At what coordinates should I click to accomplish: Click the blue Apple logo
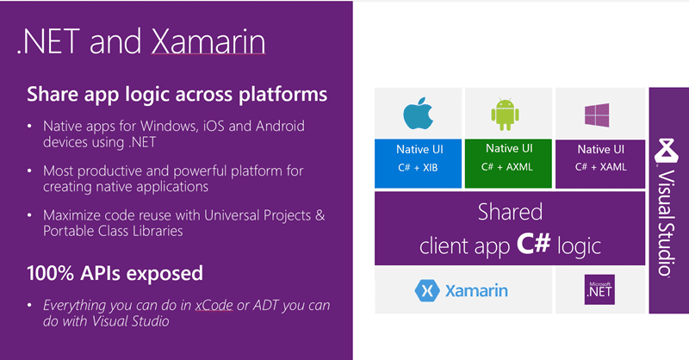pos(418,114)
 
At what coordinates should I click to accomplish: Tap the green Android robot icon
pos(505,115)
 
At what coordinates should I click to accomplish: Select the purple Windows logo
pos(597,115)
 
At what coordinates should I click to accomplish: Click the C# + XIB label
pos(418,167)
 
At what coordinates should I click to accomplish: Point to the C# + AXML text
pos(507,167)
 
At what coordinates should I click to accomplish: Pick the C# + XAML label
pos(600,167)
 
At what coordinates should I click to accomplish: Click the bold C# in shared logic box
pos(533,243)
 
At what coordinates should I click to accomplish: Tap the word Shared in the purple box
pos(510,212)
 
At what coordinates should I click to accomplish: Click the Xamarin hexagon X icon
pos(427,290)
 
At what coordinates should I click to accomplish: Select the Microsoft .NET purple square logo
pos(599,289)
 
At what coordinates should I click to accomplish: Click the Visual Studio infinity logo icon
pos(665,152)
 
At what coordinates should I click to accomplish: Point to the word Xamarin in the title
pos(208,41)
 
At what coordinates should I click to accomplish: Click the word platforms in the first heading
pos(282,95)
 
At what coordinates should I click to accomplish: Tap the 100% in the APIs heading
pos(50,273)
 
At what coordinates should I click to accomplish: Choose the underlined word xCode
pos(214,305)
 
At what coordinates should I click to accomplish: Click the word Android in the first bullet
pos(280,126)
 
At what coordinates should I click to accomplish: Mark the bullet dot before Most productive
pos(29,171)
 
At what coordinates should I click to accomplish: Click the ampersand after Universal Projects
pos(320,215)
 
